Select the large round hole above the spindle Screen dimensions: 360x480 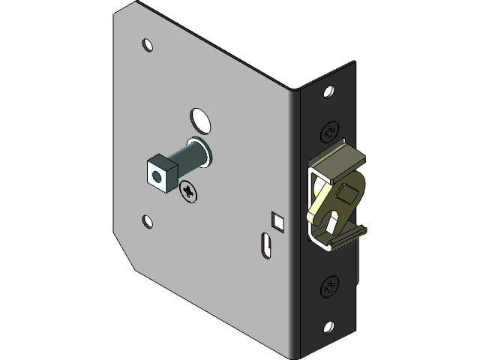(199, 118)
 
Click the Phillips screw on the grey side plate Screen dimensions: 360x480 (190, 193)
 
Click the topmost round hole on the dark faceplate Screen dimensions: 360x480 (328, 92)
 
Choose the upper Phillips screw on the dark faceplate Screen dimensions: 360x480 (330, 130)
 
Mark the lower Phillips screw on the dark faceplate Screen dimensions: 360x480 (329, 286)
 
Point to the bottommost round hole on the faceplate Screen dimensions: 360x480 (328, 327)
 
